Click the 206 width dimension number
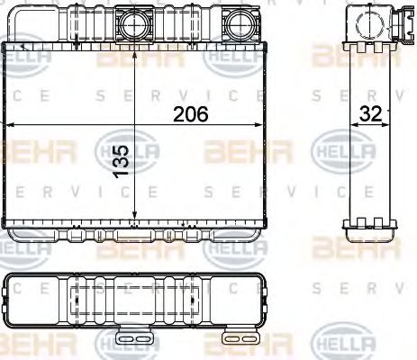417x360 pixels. point(190,113)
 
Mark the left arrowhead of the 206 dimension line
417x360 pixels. point(7,125)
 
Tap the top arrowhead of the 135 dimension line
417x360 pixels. point(134,45)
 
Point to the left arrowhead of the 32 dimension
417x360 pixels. point(353,125)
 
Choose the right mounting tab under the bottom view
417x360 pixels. point(240,336)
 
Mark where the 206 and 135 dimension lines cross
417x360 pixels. point(134,125)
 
